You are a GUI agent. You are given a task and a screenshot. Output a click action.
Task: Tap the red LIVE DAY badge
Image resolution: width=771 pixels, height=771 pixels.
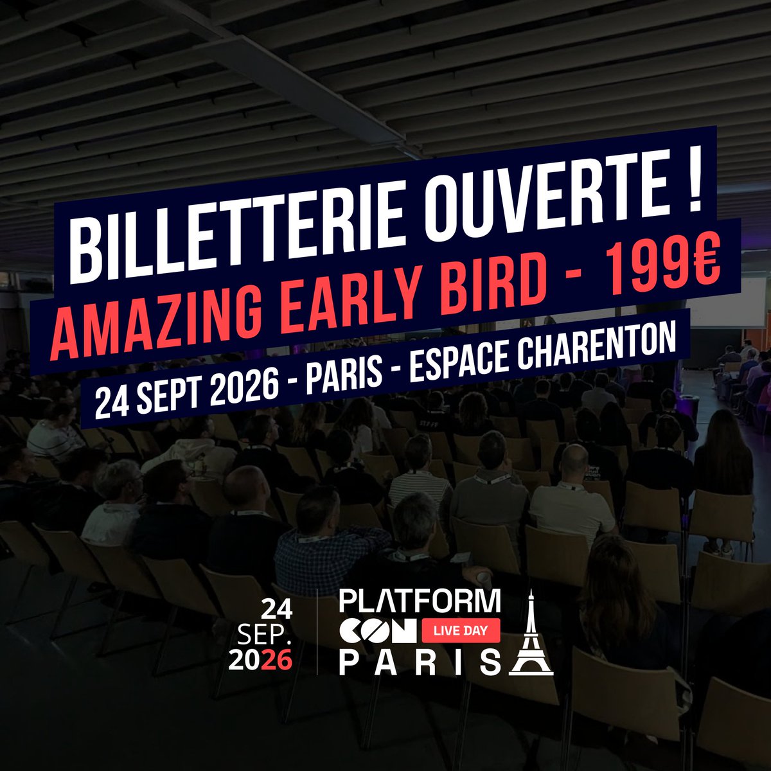(x=461, y=632)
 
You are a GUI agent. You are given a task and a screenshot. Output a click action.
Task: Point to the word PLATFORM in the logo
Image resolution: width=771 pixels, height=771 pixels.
(x=420, y=601)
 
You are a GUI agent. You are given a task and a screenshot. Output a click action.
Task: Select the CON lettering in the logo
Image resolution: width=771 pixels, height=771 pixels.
(x=377, y=632)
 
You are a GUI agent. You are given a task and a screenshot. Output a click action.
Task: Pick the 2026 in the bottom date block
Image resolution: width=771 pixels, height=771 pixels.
(x=265, y=660)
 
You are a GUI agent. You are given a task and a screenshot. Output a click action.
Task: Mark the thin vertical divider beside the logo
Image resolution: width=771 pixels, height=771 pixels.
(x=317, y=632)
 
